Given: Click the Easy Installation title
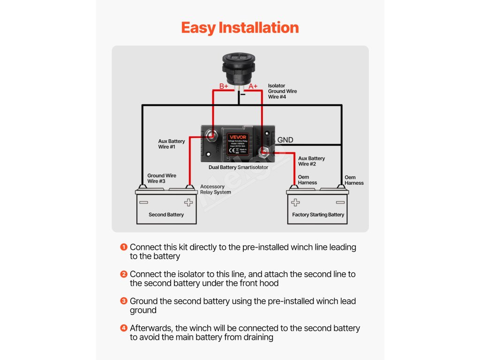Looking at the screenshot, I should coord(240,28).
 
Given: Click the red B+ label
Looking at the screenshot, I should coord(224,86).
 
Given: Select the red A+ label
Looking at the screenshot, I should coord(253,86).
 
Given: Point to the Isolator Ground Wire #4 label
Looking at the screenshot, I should coord(282,91).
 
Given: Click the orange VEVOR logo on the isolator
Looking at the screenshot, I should coord(238,137).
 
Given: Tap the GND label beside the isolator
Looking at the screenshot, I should coord(285,140).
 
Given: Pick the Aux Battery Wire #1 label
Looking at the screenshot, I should coord(172,144).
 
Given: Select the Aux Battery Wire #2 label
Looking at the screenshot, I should coord(311,161).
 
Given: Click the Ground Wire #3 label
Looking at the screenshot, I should coord(162,179).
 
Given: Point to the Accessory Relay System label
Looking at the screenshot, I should coord(215,189).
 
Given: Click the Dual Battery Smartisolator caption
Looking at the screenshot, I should coord(238,167).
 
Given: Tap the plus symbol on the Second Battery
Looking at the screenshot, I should coord(188,203).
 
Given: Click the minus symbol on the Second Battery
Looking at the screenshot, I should coord(143,203).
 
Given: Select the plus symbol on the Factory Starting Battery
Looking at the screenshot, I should coord(295,203).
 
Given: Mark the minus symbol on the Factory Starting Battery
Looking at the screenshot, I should coord(340,203).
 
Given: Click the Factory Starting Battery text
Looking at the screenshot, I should coord(318,215).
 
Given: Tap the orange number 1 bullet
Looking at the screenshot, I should coord(124,247).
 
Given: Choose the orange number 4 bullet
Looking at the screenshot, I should coord(124,328).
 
